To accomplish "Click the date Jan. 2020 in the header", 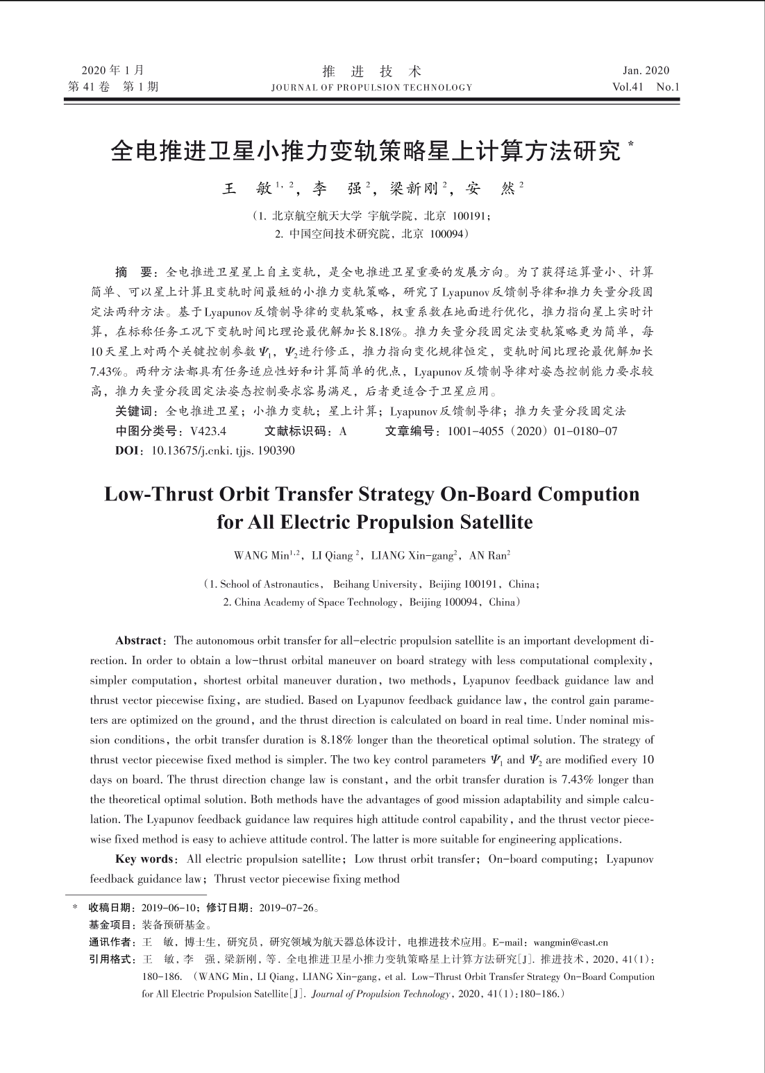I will click(x=646, y=70).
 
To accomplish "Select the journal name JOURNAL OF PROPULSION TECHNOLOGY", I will click(x=371, y=87).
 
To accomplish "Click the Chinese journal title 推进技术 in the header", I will click(x=372, y=71).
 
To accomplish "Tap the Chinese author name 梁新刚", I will click(x=414, y=187).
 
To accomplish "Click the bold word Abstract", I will click(x=138, y=640).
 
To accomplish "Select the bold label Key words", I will click(x=144, y=859).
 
